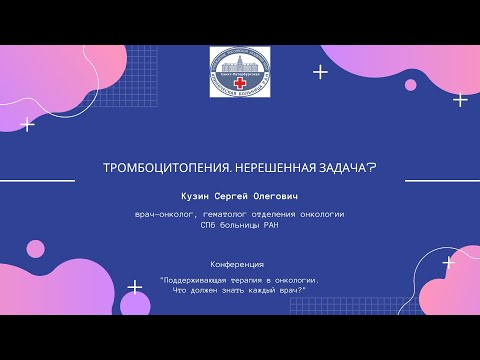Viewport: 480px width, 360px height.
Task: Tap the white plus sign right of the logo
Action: [321, 71]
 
